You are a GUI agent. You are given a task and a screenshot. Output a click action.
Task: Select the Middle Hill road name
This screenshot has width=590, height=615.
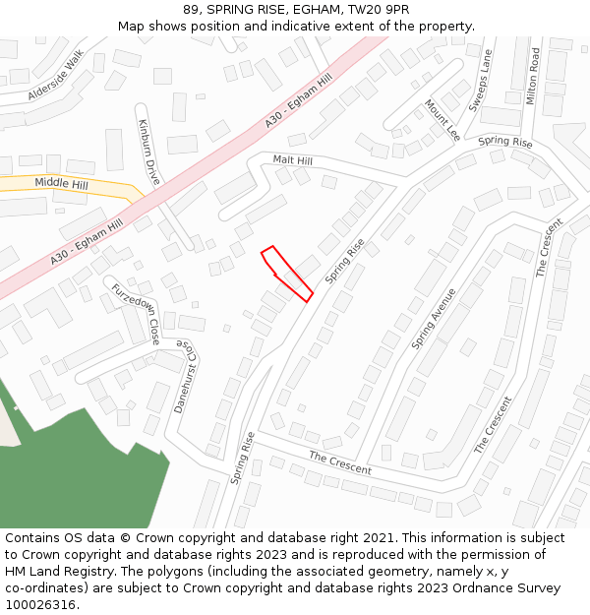(x=61, y=183)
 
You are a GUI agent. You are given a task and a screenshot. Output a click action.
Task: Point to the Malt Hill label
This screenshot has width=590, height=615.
(x=293, y=160)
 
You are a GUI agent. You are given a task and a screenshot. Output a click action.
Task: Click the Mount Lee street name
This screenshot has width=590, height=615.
(x=442, y=119)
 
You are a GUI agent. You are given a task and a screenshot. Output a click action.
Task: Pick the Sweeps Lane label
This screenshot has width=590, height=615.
(x=480, y=81)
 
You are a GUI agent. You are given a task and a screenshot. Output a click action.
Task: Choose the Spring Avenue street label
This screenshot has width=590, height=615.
(x=434, y=318)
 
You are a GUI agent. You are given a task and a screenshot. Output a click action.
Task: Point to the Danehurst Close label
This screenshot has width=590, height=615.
(x=186, y=376)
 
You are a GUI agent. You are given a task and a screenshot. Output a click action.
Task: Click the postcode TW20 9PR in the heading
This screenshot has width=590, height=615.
(x=378, y=10)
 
